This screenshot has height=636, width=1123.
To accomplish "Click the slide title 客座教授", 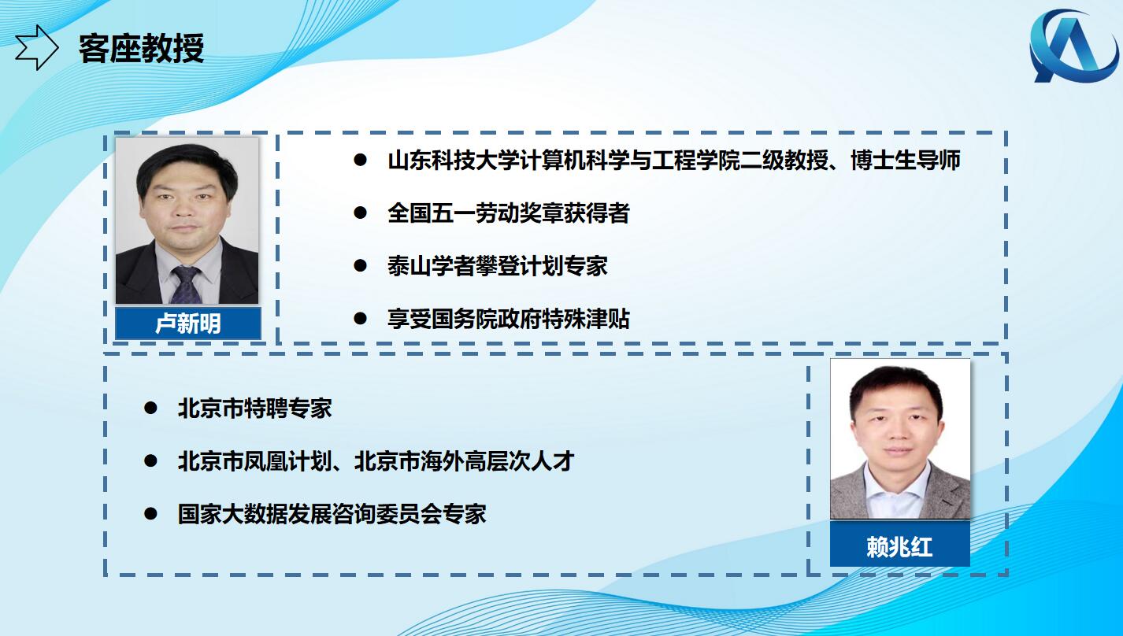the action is pos(142,49).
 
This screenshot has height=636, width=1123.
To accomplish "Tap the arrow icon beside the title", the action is pos(36,47).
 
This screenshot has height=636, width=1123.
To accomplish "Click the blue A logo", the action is pos(1073,46).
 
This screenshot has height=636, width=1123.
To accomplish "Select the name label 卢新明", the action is pos(188,324).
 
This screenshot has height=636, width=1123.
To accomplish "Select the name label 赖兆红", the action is pos(900,546).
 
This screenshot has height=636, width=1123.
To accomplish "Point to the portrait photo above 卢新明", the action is pos(187,220).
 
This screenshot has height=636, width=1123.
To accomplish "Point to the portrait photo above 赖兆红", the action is pos(900,439).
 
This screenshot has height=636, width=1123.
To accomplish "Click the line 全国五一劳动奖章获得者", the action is pos(509,213).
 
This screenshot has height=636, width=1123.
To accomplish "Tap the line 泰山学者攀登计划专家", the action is pos(498,265).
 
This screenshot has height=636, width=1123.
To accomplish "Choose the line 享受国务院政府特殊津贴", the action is pos(509,319).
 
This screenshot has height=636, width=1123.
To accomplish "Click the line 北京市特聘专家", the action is pos(254,409).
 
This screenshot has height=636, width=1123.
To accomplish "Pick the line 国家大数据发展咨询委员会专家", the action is pos(332,514).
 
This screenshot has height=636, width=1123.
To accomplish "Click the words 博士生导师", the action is pos(906,161).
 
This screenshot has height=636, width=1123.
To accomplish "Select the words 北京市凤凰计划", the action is pos(254,461).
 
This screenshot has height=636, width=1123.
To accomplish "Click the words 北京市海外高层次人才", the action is pos(464,461).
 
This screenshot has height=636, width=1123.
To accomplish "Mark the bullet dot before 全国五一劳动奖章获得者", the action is pos(360,213).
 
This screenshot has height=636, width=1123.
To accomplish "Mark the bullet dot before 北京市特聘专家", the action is pos(150,408).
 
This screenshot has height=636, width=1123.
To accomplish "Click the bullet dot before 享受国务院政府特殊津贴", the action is pos(360,318).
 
